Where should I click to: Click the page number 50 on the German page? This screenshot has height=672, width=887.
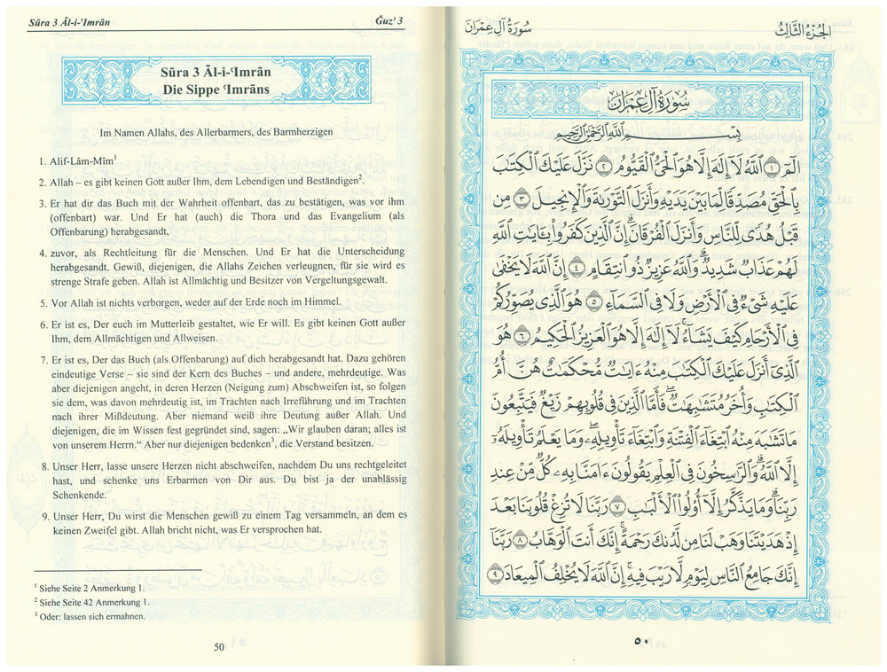219,646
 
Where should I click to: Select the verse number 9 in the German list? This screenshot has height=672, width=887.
42,514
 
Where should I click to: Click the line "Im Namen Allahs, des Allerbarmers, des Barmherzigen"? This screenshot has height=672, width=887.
216,132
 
